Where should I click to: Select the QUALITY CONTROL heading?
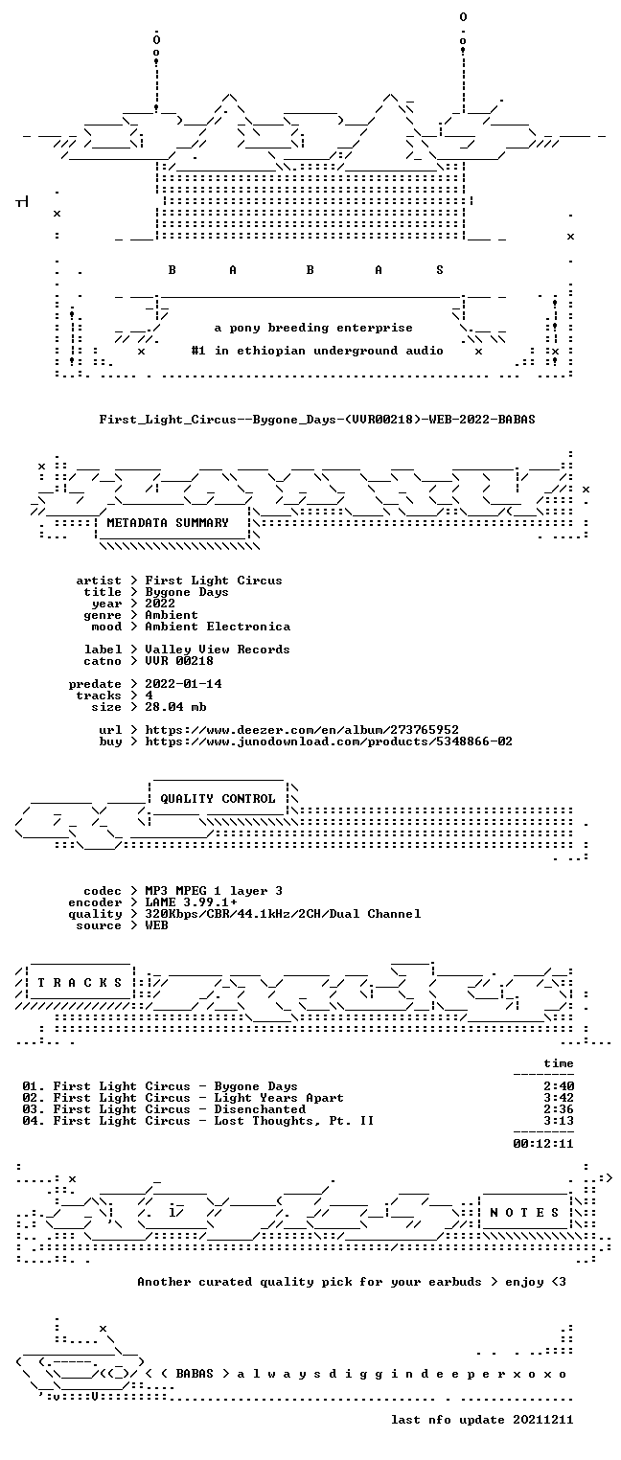coord(218,798)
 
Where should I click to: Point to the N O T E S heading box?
coord(524,1212)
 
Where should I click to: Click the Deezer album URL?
coord(301,730)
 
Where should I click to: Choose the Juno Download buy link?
coord(329,741)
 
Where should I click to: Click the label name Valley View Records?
coord(218,650)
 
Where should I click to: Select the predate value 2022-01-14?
coord(183,684)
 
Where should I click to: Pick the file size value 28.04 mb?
coord(175,707)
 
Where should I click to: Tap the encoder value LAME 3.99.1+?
coord(191,902)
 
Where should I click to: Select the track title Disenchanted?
coord(260,1109)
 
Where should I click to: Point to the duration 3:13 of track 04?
coord(559,1121)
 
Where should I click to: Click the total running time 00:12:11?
coord(543,1144)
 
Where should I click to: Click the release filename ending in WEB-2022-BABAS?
coord(317,420)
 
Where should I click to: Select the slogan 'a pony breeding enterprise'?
coord(313,328)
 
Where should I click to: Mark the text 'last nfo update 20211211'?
coord(482,1420)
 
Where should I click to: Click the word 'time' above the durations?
coord(559,1063)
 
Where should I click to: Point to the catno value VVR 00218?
coord(179,661)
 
